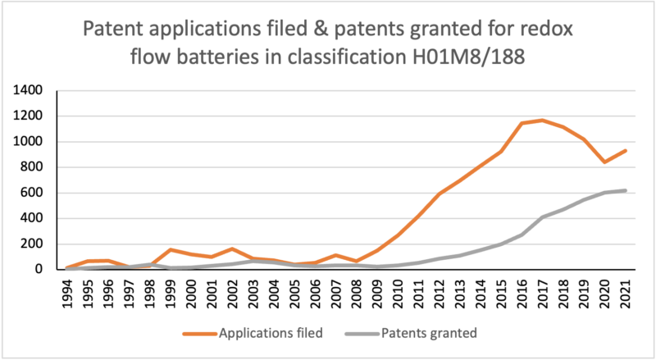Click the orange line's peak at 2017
(x=543, y=121)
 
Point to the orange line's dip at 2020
(x=604, y=162)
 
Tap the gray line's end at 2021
(x=626, y=190)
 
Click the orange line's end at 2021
(x=626, y=151)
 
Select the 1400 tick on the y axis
(x=28, y=90)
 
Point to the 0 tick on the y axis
(x=39, y=269)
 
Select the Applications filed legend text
(x=271, y=333)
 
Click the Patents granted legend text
(x=429, y=333)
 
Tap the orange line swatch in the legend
(x=200, y=334)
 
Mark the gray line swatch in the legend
(x=362, y=334)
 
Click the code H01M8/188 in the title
(x=467, y=57)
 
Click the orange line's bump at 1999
(x=171, y=249)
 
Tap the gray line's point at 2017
(x=543, y=216)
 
